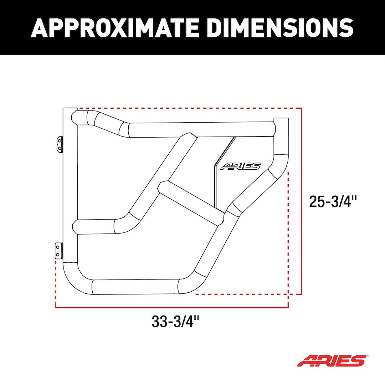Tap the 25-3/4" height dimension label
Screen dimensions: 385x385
pos(333,202)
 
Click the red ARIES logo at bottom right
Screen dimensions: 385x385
pos(331,361)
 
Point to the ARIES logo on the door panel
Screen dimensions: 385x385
pos(240,166)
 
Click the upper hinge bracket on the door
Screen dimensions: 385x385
pos(59,144)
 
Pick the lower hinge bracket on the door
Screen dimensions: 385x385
pos(58,251)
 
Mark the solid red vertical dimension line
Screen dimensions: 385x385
pos(302,200)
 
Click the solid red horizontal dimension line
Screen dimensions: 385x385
pos(171,307)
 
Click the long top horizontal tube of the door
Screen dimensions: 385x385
pos(200,130)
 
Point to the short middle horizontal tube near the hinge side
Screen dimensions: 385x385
pos(94,227)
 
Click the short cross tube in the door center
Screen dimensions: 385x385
pos(191,202)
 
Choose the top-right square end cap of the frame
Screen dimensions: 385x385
pos(280,121)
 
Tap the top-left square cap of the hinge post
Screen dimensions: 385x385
pos(70,109)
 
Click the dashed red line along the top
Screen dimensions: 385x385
pos(189,108)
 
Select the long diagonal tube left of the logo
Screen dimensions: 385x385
pos(160,178)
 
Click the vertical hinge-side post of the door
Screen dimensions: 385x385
pos(70,185)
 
